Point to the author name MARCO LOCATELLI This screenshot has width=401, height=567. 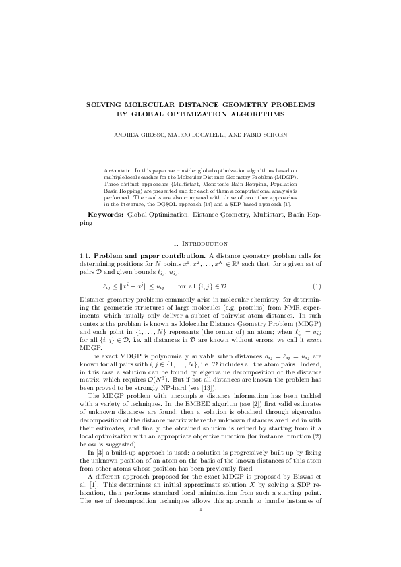pyautogui.click(x=203, y=134)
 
